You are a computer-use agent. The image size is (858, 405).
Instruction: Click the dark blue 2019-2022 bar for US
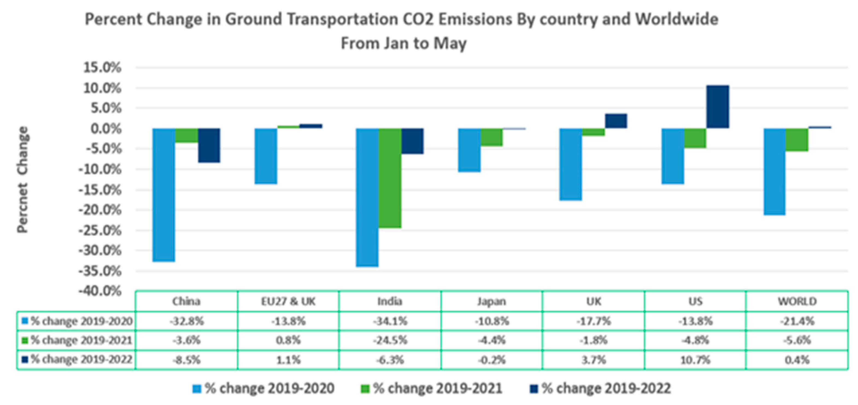click(718, 107)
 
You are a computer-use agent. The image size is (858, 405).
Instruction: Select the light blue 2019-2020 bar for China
click(164, 195)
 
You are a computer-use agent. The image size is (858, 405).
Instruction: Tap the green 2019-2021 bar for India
click(390, 178)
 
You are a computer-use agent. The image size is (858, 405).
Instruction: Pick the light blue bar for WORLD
click(774, 172)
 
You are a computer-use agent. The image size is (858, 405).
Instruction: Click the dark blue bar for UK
click(616, 121)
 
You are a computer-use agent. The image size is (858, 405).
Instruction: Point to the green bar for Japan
click(492, 137)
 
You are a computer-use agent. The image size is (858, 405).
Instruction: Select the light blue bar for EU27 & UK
click(266, 156)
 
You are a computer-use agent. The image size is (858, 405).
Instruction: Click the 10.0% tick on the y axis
click(102, 88)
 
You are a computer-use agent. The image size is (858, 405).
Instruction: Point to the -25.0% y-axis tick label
click(100, 230)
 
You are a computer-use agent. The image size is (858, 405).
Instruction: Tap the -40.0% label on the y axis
click(100, 291)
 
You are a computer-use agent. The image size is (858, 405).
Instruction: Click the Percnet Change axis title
click(23, 180)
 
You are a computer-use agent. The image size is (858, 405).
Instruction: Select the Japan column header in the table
click(492, 301)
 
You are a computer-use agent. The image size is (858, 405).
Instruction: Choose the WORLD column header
click(797, 301)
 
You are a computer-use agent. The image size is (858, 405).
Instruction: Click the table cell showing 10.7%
click(695, 360)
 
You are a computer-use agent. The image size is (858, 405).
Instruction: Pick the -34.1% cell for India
click(390, 321)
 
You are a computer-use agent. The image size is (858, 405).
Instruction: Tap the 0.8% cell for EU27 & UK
click(288, 340)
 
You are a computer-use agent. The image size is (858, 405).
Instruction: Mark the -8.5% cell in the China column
click(186, 360)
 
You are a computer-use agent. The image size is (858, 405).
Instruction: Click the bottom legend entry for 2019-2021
click(432, 388)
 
